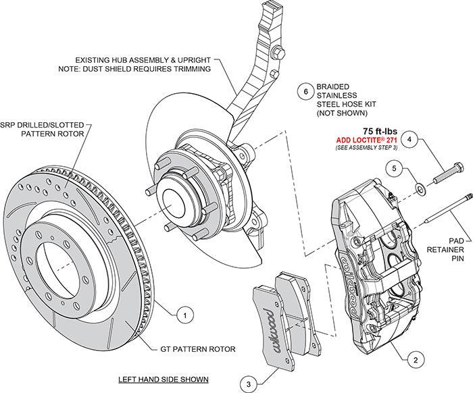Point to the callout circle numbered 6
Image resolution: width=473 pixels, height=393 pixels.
pos(305,92)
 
